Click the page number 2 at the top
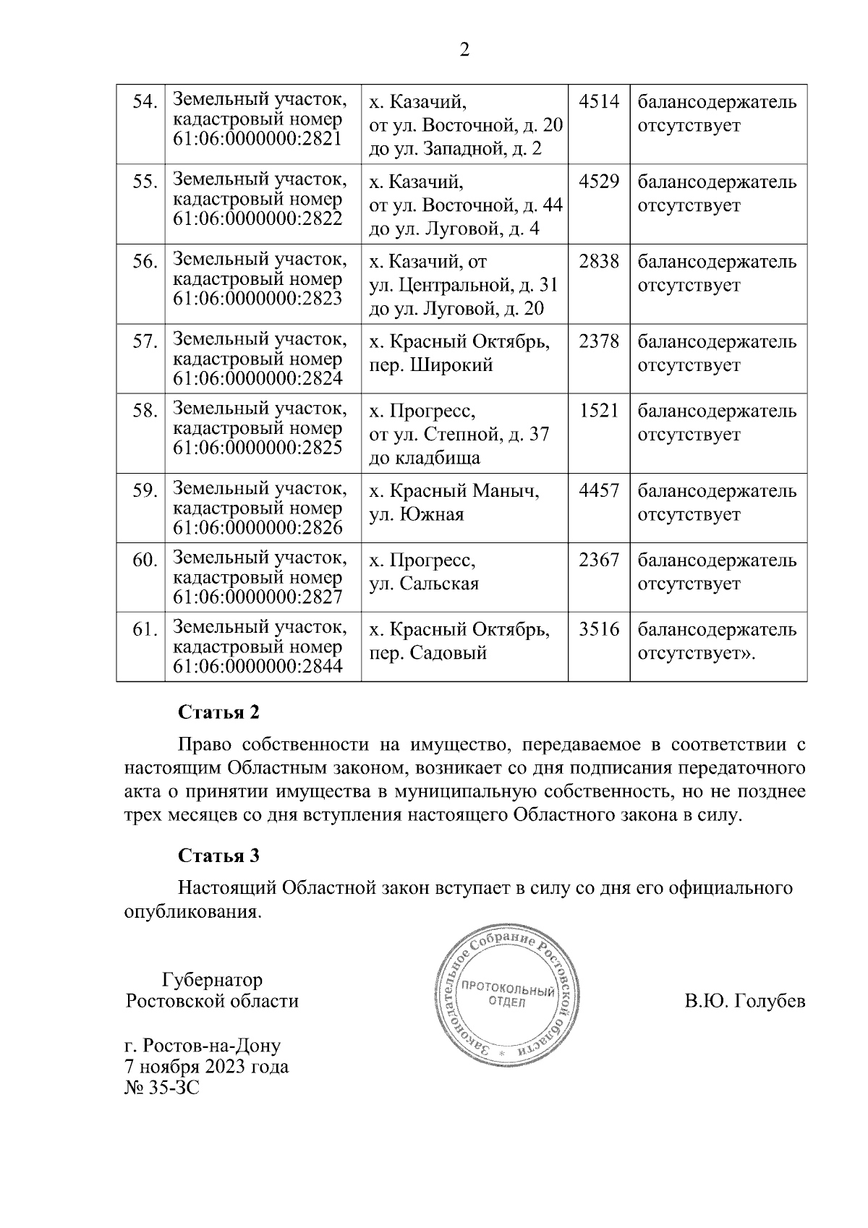[464, 51]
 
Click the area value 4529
[599, 181]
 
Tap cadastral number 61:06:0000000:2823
[258, 299]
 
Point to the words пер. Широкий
[431, 365]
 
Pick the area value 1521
[599, 411]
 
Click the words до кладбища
[425, 459]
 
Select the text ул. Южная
[417, 515]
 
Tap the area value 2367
[599, 560]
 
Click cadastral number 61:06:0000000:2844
[258, 667]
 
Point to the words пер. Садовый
[428, 653]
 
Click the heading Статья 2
[218, 712]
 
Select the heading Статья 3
[218, 856]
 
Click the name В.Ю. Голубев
[744, 1002]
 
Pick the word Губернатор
[212, 980]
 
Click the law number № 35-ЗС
[162, 1088]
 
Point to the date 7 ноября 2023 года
[207, 1067]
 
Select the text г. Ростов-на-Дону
[203, 1046]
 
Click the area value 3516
[599, 629]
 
